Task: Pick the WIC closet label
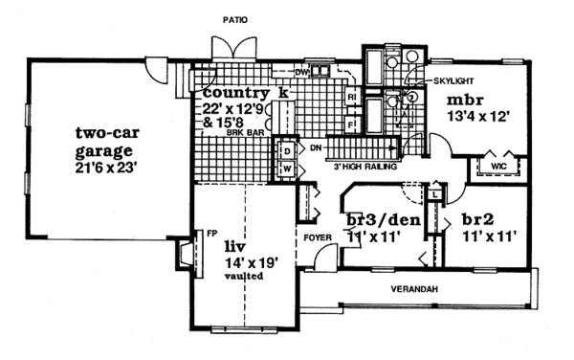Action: click(x=497, y=166)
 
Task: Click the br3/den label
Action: click(x=376, y=217)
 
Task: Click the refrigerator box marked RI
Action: click(x=352, y=98)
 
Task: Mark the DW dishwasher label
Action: click(x=300, y=72)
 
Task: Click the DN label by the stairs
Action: click(x=314, y=148)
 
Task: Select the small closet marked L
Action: click(x=435, y=194)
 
